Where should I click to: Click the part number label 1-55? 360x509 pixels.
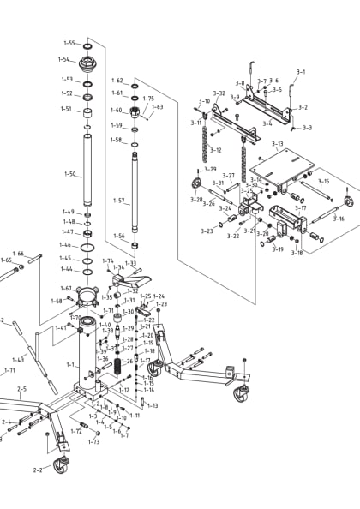pyautogui.click(x=69, y=43)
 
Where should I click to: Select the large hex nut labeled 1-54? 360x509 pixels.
pyautogui.click(x=87, y=63)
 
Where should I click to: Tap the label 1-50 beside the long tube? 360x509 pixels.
pyautogui.click(x=69, y=174)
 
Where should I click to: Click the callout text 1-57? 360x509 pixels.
pyautogui.click(x=119, y=201)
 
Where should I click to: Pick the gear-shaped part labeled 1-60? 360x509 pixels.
pyautogui.click(x=135, y=111)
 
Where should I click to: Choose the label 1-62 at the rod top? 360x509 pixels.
pyautogui.click(x=117, y=81)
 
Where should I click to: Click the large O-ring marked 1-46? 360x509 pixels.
pyautogui.click(x=87, y=246)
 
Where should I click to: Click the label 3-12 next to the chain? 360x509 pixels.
pyautogui.click(x=216, y=150)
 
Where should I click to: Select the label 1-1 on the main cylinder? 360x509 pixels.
pyautogui.click(x=70, y=364)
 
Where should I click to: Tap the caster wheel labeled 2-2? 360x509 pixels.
pyautogui.click(x=60, y=466)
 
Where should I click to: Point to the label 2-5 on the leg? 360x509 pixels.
pyautogui.click(x=22, y=389)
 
